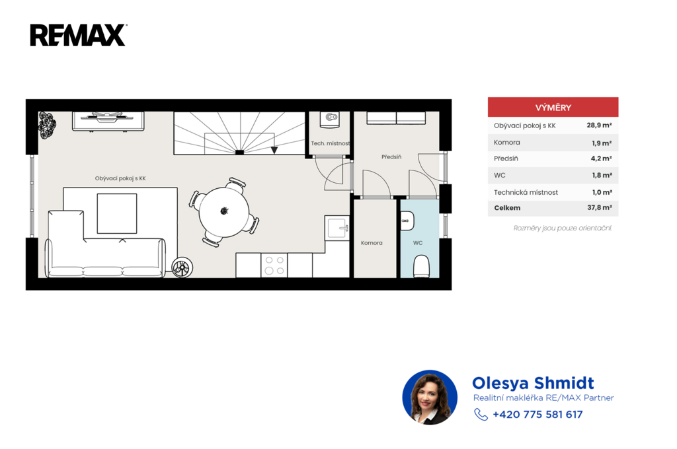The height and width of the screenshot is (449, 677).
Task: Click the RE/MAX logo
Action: pos(78,35)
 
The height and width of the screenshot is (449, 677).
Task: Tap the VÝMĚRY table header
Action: pos(553,108)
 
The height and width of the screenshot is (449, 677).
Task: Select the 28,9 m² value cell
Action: pos(599,125)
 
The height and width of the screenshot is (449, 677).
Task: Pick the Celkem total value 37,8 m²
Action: pos(599,207)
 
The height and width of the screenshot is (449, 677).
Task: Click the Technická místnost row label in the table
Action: pos(526,192)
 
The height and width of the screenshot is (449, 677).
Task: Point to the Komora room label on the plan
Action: pos(372,243)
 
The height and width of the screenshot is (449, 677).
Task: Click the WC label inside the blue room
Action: pos(418,243)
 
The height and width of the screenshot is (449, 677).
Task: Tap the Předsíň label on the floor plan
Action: pos(391,157)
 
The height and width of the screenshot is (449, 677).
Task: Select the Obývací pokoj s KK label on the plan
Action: pos(120,178)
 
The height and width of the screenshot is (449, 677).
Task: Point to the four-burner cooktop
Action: pos(274,265)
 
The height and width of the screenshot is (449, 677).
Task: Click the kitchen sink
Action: pos(337,228)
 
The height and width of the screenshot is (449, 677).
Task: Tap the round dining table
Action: pos(224,212)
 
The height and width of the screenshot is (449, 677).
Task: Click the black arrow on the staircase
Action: pos(274,150)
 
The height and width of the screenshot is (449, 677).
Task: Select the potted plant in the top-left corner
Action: pos(47,125)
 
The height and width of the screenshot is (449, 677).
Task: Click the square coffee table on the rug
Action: pos(117,213)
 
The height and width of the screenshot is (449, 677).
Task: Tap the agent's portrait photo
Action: pos(430,397)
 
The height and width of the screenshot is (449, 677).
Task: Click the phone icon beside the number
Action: pos(481,415)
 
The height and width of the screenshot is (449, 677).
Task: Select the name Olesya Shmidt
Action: pos(533,383)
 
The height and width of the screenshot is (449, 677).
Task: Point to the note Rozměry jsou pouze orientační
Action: pos(563,228)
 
